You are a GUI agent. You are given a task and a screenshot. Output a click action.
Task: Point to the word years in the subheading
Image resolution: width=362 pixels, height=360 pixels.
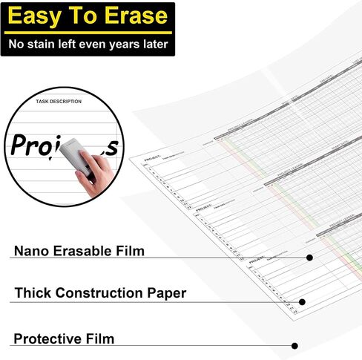(x=123, y=45)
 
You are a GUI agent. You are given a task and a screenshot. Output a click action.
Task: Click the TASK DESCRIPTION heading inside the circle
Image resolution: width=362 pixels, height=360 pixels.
(x=59, y=101)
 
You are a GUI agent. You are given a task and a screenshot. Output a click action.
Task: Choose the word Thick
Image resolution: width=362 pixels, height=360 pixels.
(x=34, y=293)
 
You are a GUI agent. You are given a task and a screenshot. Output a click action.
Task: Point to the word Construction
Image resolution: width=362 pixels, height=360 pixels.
(x=103, y=293)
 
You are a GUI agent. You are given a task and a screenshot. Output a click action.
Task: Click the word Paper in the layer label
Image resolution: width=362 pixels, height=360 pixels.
(x=168, y=293)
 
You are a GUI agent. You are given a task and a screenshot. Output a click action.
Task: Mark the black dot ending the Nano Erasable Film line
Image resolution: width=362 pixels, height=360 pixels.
(x=309, y=258)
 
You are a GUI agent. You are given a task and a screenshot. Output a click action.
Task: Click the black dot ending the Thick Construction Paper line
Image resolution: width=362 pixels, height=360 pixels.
(x=302, y=302)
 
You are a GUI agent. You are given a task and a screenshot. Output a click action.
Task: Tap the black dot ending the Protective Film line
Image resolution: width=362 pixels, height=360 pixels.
(x=294, y=346)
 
